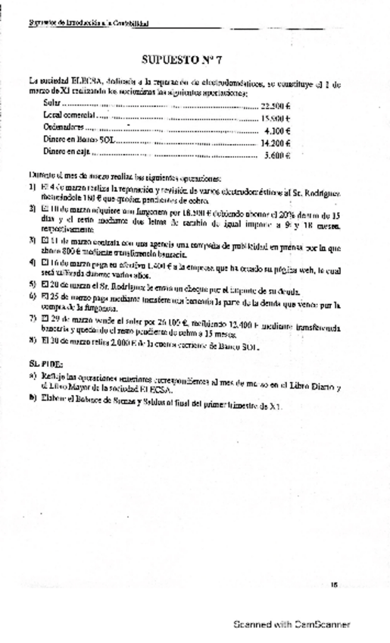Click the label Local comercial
point(70,115)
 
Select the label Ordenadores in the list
point(63,127)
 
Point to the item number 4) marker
point(33,262)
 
